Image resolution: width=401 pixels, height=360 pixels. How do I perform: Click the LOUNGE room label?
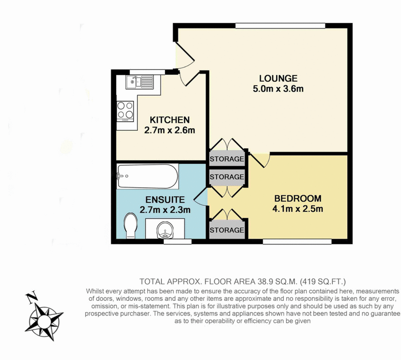[278, 79]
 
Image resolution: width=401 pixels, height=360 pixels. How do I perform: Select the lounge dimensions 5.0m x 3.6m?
[278, 89]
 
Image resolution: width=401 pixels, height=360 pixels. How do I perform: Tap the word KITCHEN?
[170, 120]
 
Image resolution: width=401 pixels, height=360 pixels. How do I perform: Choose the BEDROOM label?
[298, 198]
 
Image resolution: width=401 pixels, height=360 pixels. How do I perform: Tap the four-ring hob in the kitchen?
[125, 111]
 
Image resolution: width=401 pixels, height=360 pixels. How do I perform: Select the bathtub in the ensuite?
[147, 176]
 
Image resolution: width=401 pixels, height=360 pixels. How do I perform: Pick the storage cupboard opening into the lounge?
[227, 159]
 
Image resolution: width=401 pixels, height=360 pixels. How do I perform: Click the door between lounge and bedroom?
[261, 159]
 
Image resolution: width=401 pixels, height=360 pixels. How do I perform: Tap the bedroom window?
[297, 242]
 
